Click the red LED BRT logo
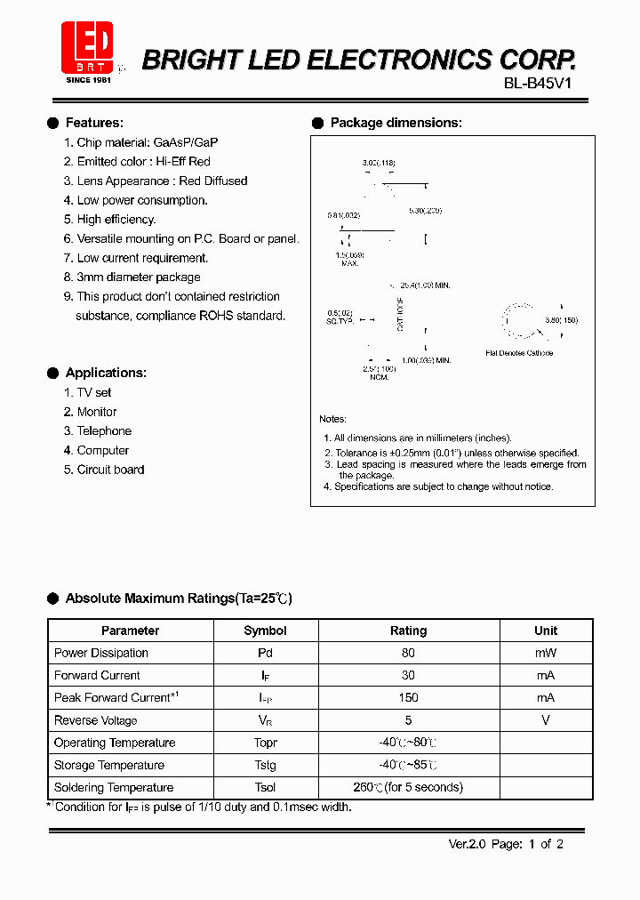click(87, 47)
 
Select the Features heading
click(94, 123)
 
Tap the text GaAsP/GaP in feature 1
click(186, 142)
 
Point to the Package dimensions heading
click(396, 123)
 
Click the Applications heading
click(106, 373)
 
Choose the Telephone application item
click(104, 431)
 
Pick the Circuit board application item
click(110, 470)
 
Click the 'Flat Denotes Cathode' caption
click(519, 353)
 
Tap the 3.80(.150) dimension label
click(562, 320)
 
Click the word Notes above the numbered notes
click(332, 419)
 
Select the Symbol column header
click(265, 631)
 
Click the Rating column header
click(408, 631)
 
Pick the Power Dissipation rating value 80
click(408, 653)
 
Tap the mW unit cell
click(546, 653)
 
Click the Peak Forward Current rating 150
click(408, 698)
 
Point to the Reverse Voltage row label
click(96, 720)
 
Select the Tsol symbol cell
click(265, 788)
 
